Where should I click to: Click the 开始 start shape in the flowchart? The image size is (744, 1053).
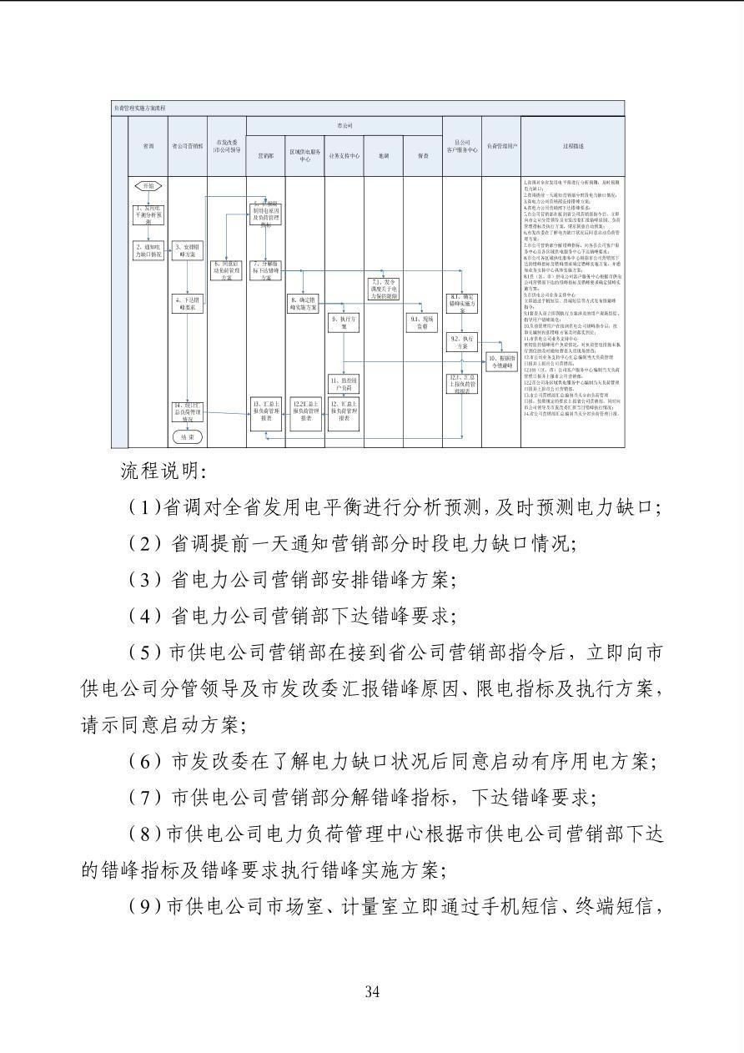click(148, 186)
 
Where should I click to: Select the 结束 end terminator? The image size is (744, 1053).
click(187, 436)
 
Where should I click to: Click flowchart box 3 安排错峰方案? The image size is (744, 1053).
click(187, 251)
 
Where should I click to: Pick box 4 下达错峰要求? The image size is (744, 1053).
click(187, 303)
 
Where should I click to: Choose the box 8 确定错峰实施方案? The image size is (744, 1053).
click(304, 303)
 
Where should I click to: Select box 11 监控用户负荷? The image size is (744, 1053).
click(344, 384)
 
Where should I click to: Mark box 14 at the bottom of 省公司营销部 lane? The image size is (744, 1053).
click(187, 411)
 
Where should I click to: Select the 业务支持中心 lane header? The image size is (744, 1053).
click(344, 155)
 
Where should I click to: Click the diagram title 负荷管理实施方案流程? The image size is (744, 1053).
click(139, 108)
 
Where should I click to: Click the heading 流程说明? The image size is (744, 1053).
click(163, 471)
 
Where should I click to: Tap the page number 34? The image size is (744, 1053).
click(372, 992)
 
